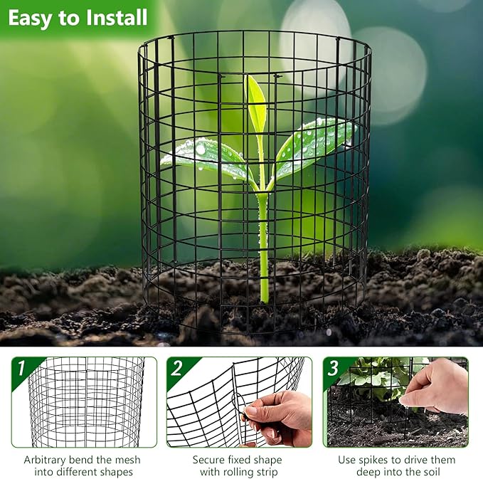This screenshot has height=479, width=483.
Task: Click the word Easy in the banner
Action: [x=31, y=17]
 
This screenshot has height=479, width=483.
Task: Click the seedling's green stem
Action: [x=262, y=242]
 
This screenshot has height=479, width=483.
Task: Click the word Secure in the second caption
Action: [x=211, y=460]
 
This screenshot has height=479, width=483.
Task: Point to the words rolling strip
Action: [x=250, y=472]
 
